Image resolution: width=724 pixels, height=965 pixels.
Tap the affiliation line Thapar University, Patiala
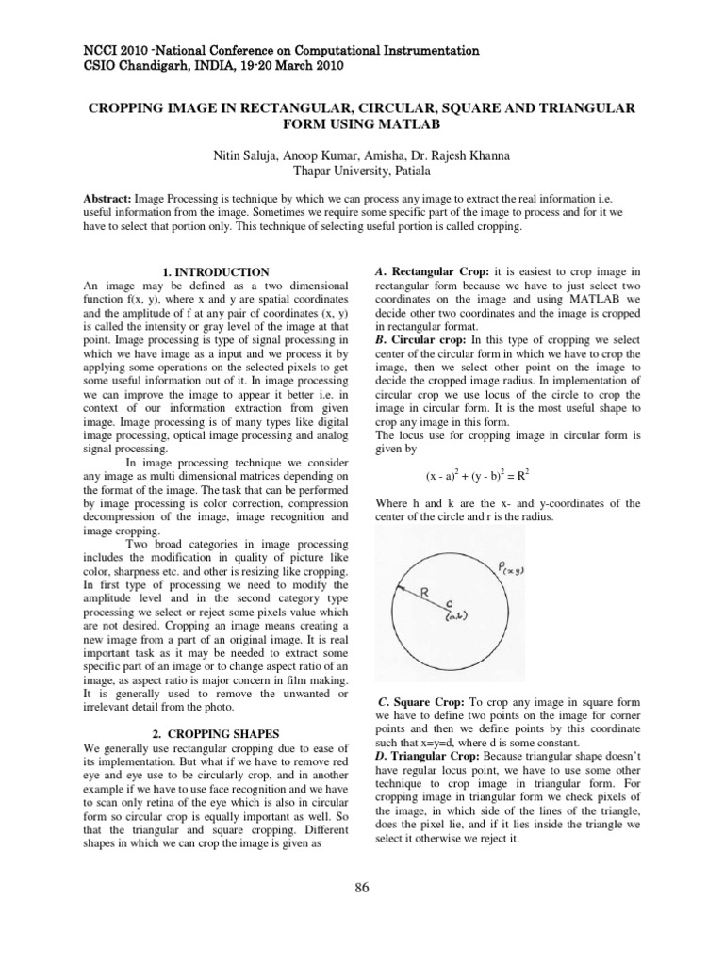pos(362,171)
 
